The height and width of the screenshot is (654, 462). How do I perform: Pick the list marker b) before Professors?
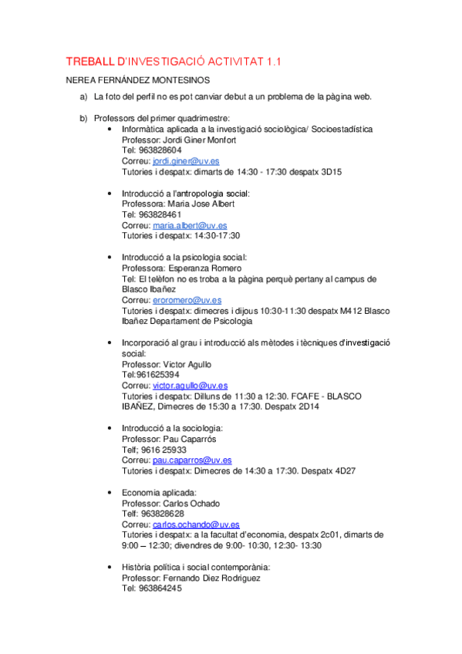tap(83, 118)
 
